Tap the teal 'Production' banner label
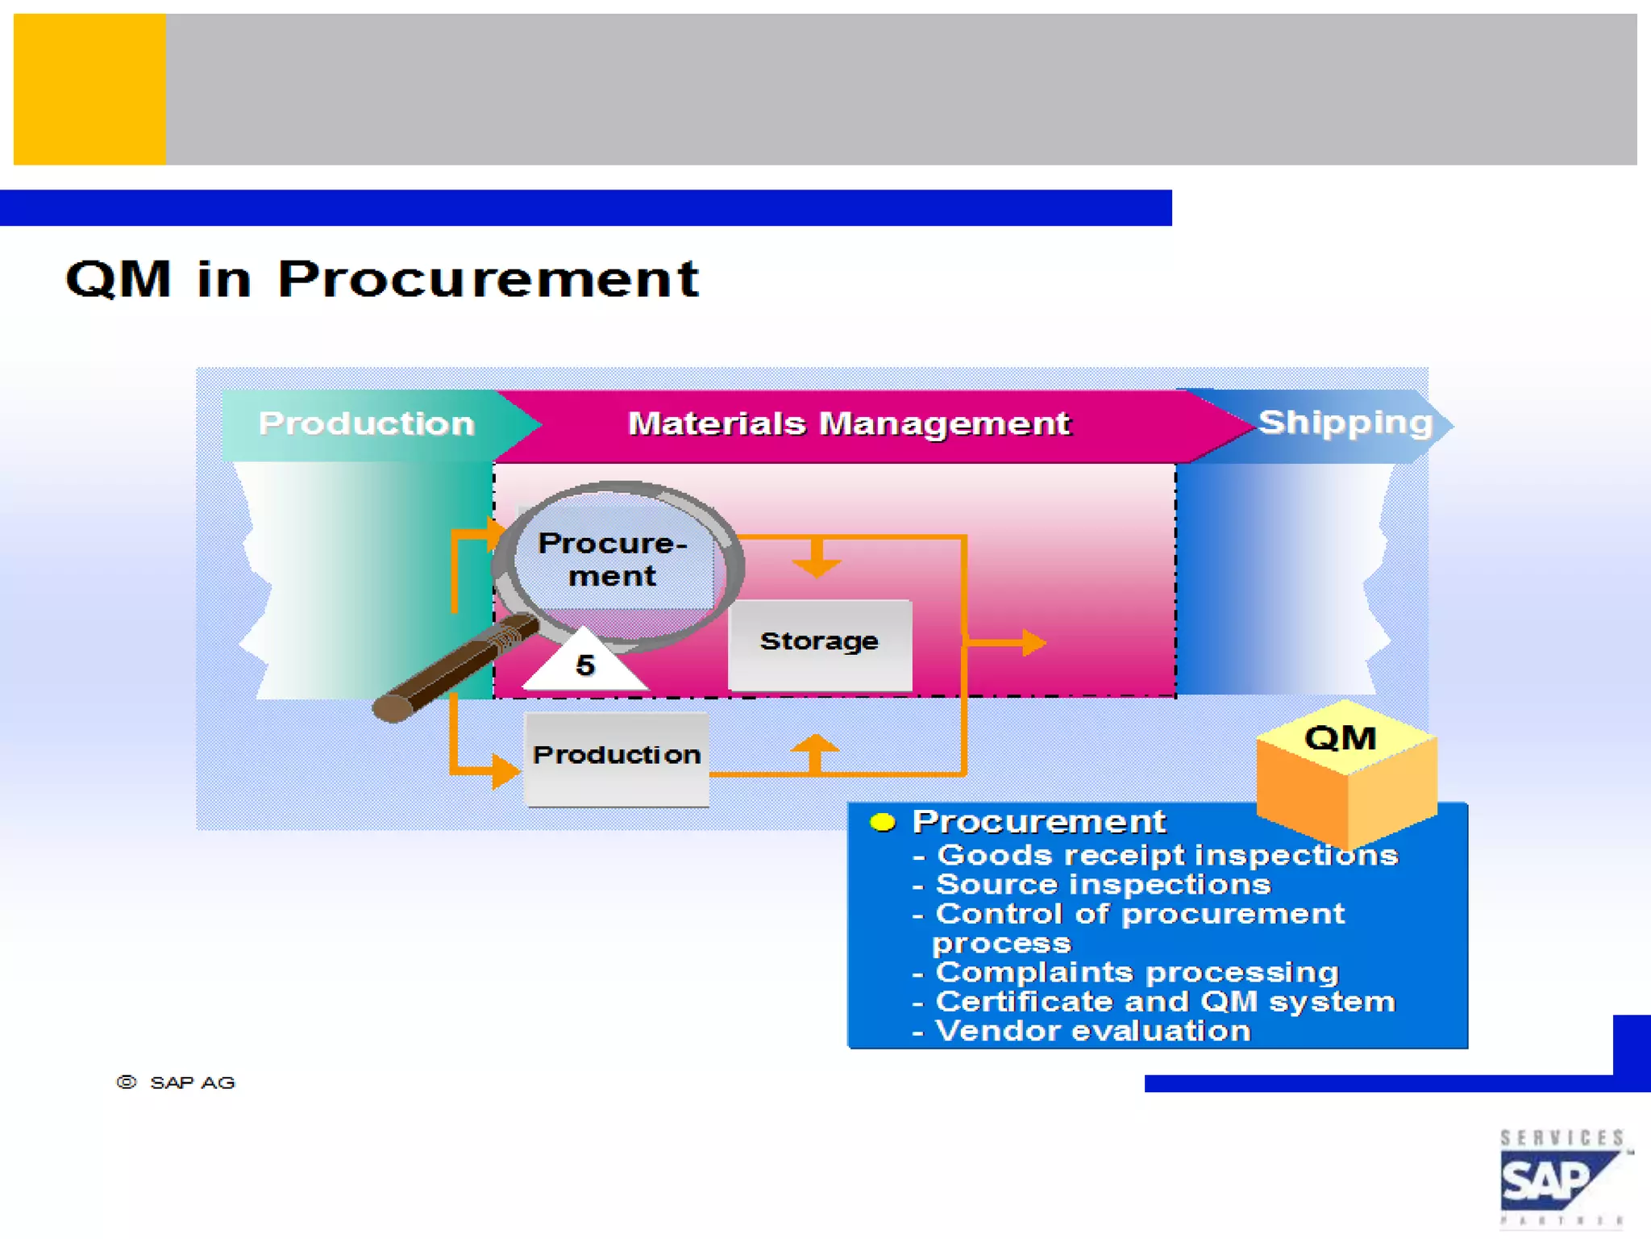point(366,423)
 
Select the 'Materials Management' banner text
point(848,423)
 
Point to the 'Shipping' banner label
point(1345,422)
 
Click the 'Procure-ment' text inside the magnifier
point(613,559)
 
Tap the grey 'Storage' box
point(819,643)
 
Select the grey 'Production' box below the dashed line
point(617,757)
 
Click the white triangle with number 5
point(585,664)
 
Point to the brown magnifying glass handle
point(451,670)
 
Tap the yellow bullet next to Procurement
point(883,822)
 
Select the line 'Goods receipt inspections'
point(1167,854)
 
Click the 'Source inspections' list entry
point(1103,884)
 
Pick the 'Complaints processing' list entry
point(1137,972)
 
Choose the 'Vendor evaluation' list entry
point(1092,1031)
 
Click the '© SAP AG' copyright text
point(177,1083)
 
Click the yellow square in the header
point(89,89)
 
